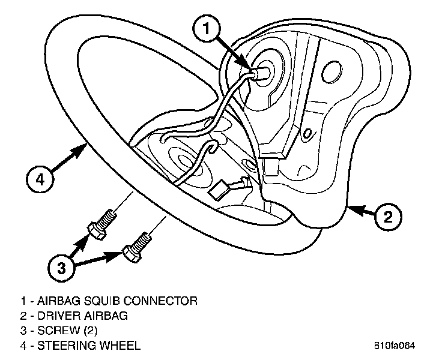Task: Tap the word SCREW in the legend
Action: (x=56, y=330)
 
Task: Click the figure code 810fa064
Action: (x=394, y=346)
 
